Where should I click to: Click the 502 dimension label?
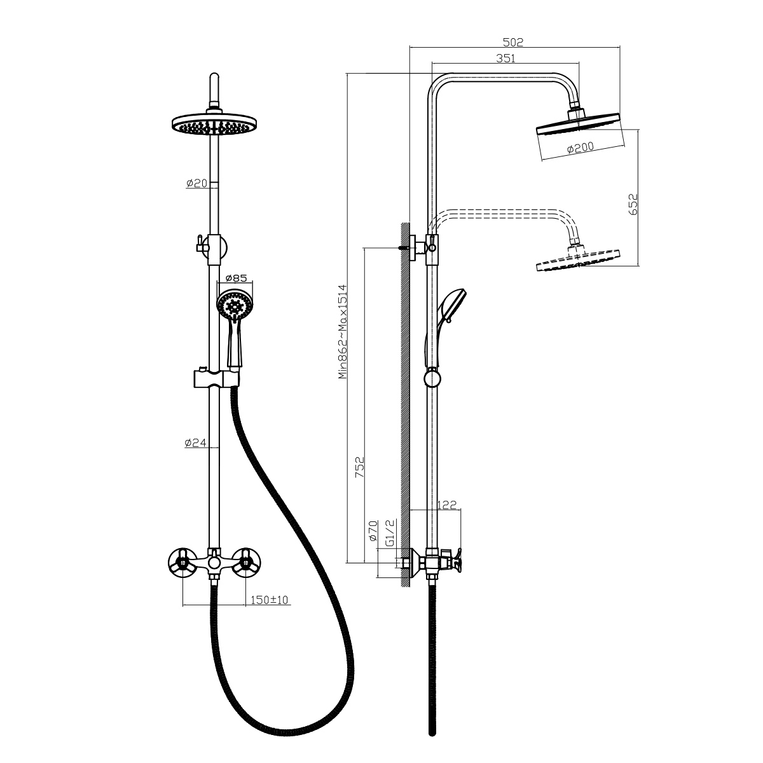click(x=512, y=42)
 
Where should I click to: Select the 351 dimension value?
click(x=506, y=58)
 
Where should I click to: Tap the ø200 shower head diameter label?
click(x=581, y=148)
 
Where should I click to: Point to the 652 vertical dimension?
click(x=633, y=204)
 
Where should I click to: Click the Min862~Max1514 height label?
click(x=343, y=331)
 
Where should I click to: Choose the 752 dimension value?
click(x=359, y=467)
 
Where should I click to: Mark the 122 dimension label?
click(x=447, y=505)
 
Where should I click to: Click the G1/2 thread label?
click(x=390, y=533)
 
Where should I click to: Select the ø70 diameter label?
click(x=373, y=531)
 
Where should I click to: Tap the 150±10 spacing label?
click(x=269, y=600)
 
